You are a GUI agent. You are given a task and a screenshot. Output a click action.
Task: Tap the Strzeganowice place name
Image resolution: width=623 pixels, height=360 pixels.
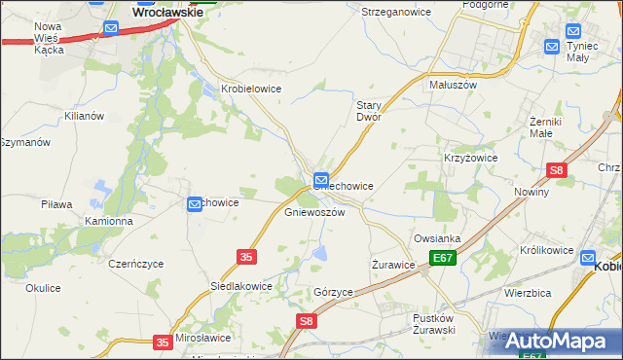pyautogui.click(x=389, y=12)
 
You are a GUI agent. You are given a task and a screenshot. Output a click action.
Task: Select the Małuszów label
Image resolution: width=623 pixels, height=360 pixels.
pyautogui.click(x=453, y=85)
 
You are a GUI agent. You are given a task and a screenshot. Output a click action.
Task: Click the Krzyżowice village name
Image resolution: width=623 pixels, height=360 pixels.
pyautogui.click(x=471, y=158)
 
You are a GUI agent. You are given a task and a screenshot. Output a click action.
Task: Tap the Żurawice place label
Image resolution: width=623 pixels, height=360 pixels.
pyautogui.click(x=394, y=264)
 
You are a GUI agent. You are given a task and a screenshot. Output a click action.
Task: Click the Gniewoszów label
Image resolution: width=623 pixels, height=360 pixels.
pyautogui.click(x=314, y=212)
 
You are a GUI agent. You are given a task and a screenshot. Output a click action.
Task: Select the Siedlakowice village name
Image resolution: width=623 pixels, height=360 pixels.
pyautogui.click(x=241, y=287)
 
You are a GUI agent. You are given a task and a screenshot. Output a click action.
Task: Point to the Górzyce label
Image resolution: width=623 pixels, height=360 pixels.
pyautogui.click(x=333, y=292)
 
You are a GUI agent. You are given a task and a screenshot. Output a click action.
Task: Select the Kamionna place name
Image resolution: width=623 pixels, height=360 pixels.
pyautogui.click(x=109, y=221)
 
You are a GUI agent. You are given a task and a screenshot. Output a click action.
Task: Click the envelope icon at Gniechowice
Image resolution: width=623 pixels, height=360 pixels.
pyautogui.click(x=320, y=179)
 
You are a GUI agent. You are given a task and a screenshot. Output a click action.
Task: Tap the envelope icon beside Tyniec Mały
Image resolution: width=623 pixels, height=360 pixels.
pyautogui.click(x=552, y=46)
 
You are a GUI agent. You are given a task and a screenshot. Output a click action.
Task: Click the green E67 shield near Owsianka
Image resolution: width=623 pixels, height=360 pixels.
pyautogui.click(x=444, y=258)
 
